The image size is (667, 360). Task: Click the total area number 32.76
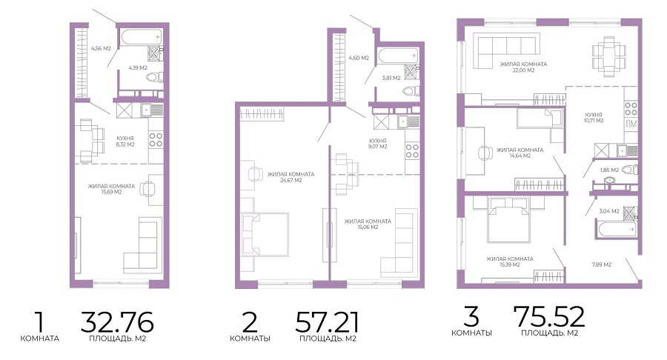pyautogui.click(x=117, y=322)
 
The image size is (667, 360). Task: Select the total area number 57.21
pyautogui.click(x=327, y=322)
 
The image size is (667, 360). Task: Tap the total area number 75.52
pyautogui.click(x=548, y=316)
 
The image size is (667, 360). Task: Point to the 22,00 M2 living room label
pyautogui.click(x=523, y=67)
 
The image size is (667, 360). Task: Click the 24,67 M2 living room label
pyautogui.click(x=291, y=177)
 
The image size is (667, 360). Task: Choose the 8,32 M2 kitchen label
pyautogui.click(x=125, y=141)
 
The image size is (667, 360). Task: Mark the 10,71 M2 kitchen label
pyautogui.click(x=594, y=118)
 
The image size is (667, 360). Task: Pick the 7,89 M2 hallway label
pyautogui.click(x=602, y=264)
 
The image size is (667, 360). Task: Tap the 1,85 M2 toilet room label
pyautogui.click(x=609, y=170)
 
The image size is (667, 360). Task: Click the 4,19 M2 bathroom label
pyautogui.click(x=138, y=67)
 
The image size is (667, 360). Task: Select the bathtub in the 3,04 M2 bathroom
pyautogui.click(x=617, y=229)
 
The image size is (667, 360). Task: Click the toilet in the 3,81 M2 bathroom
pyautogui.click(x=411, y=90)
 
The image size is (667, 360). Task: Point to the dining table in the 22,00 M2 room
pyautogui.click(x=609, y=56)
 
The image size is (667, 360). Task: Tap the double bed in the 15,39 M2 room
pyautogui.click(x=508, y=219)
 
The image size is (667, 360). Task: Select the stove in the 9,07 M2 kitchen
pyautogui.click(x=412, y=151)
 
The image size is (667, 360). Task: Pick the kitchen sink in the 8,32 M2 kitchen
pyautogui.click(x=151, y=110)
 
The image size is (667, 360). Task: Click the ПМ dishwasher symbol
pyautogui.click(x=631, y=124)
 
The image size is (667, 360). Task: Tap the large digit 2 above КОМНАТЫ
pyautogui.click(x=250, y=322)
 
